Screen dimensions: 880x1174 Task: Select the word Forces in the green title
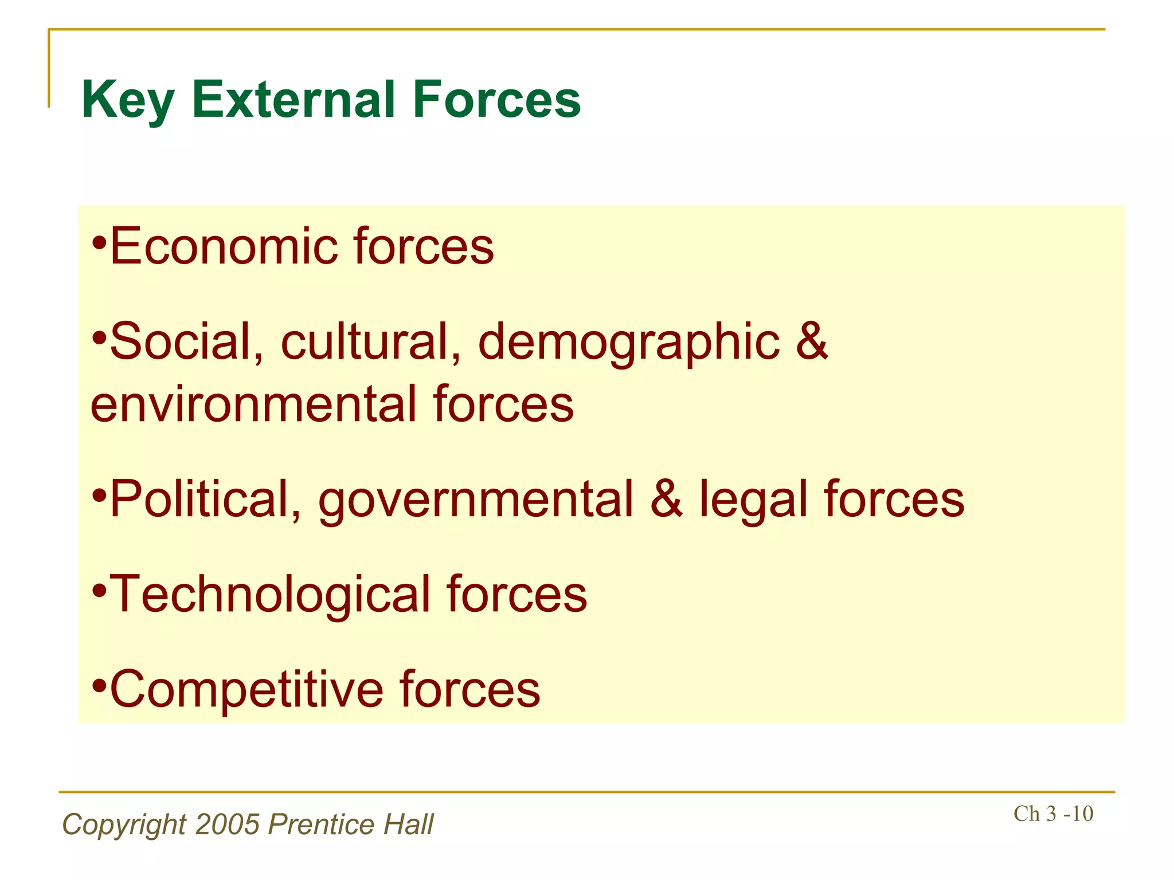(496, 100)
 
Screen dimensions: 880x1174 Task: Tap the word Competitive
(246, 689)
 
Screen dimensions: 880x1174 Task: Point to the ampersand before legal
(666, 500)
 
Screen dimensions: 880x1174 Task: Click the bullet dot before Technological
(99, 590)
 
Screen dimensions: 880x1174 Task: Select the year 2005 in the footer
(228, 824)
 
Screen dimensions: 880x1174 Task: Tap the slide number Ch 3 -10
(1053, 814)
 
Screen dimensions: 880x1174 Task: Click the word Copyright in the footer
(124, 826)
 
